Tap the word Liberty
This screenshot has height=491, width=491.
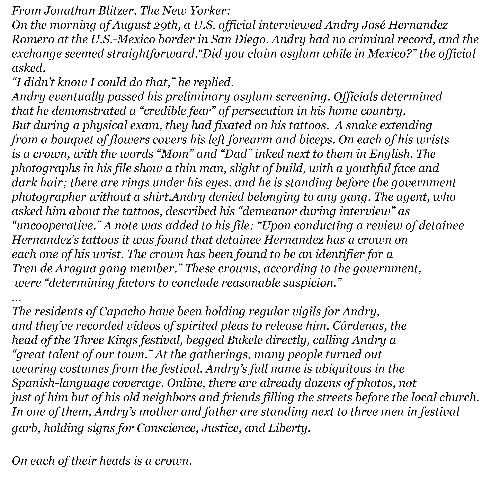(x=288, y=428)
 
